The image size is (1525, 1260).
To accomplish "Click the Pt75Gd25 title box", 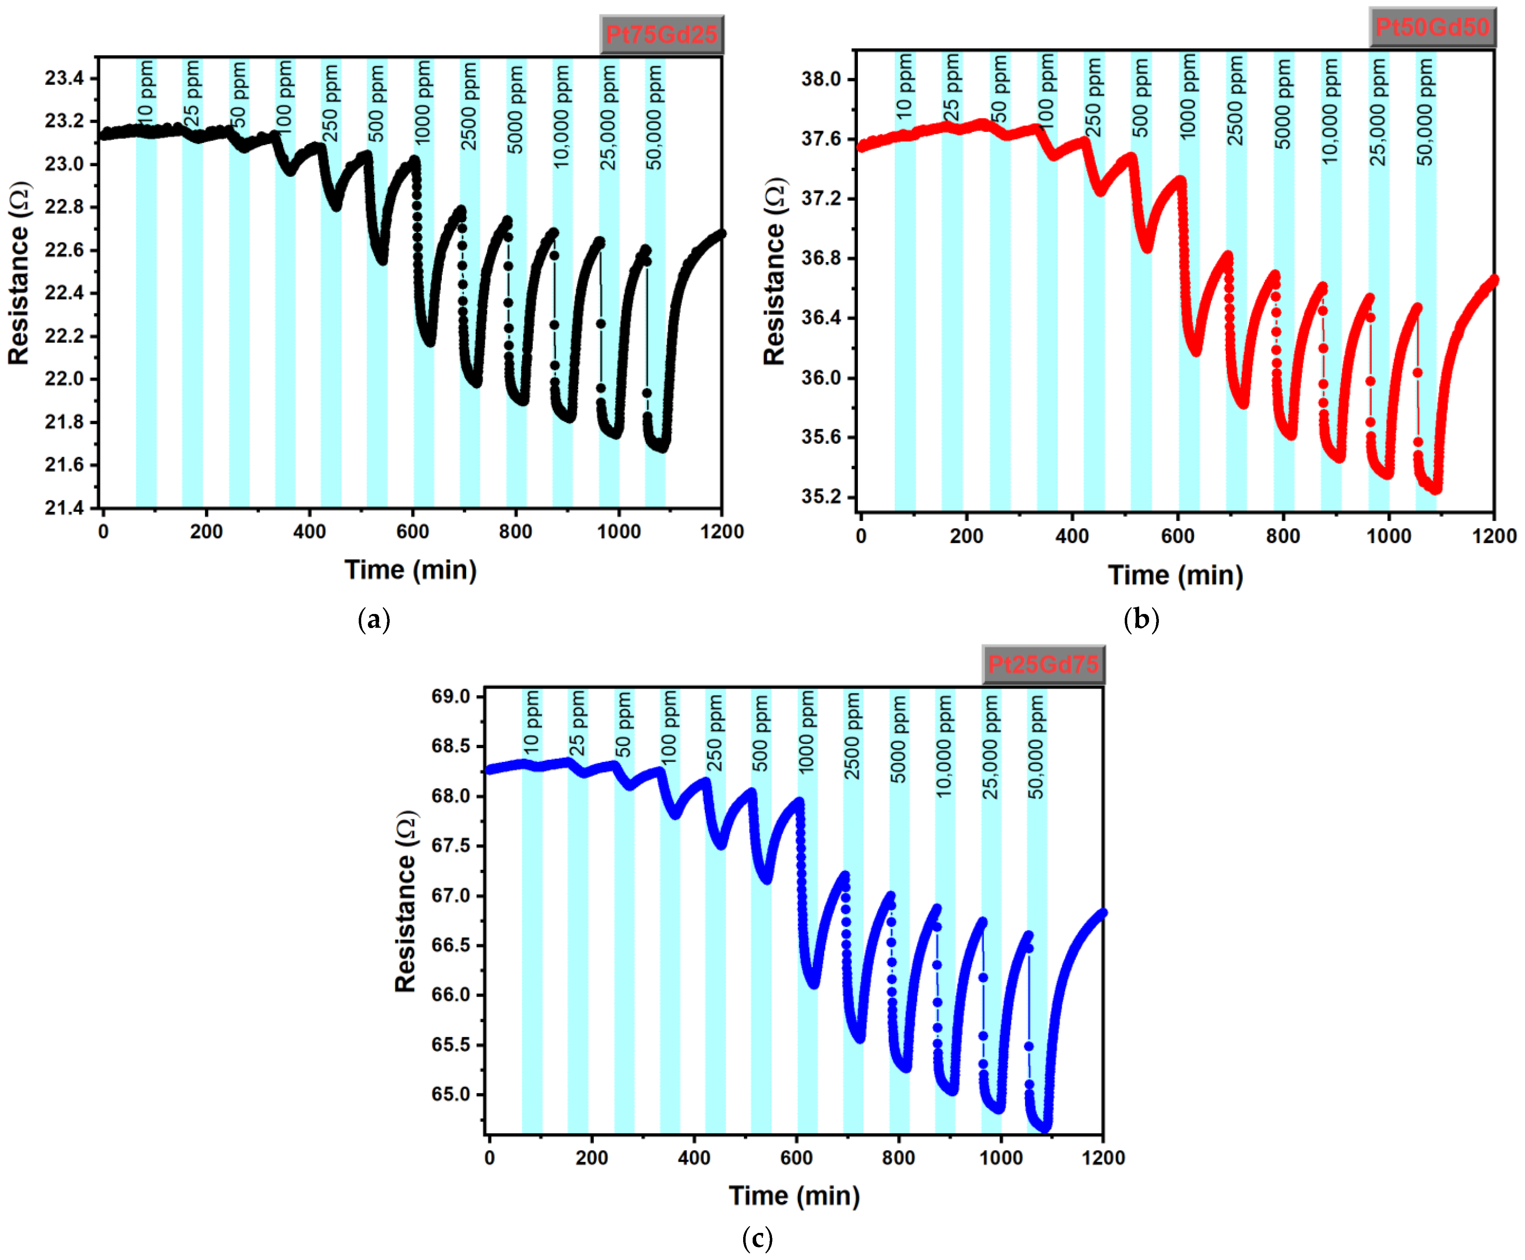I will tap(661, 34).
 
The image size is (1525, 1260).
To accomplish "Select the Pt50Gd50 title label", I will tap(1432, 27).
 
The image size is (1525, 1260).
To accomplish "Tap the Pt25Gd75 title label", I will tap(1043, 664).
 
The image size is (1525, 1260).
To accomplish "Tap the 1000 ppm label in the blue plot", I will tap(807, 733).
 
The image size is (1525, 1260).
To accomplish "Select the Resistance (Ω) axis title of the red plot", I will tap(774, 271).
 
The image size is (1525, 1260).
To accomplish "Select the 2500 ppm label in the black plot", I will tap(470, 107).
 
